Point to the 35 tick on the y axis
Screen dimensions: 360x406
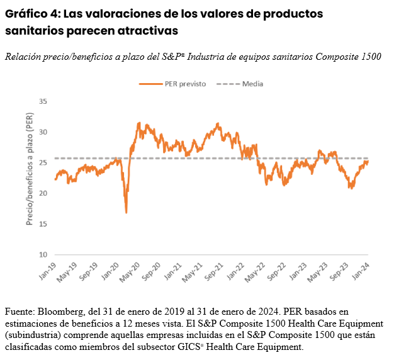pyautogui.click(x=43, y=101)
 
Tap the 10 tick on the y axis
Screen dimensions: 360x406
pyautogui.click(x=43, y=255)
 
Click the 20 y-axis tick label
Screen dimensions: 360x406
pyautogui.click(x=43, y=193)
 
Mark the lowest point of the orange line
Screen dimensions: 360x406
pyautogui.click(x=126, y=213)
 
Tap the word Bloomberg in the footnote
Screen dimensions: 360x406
pyautogui.click(x=56, y=312)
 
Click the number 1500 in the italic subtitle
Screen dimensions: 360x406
pyautogui.click(x=370, y=57)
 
